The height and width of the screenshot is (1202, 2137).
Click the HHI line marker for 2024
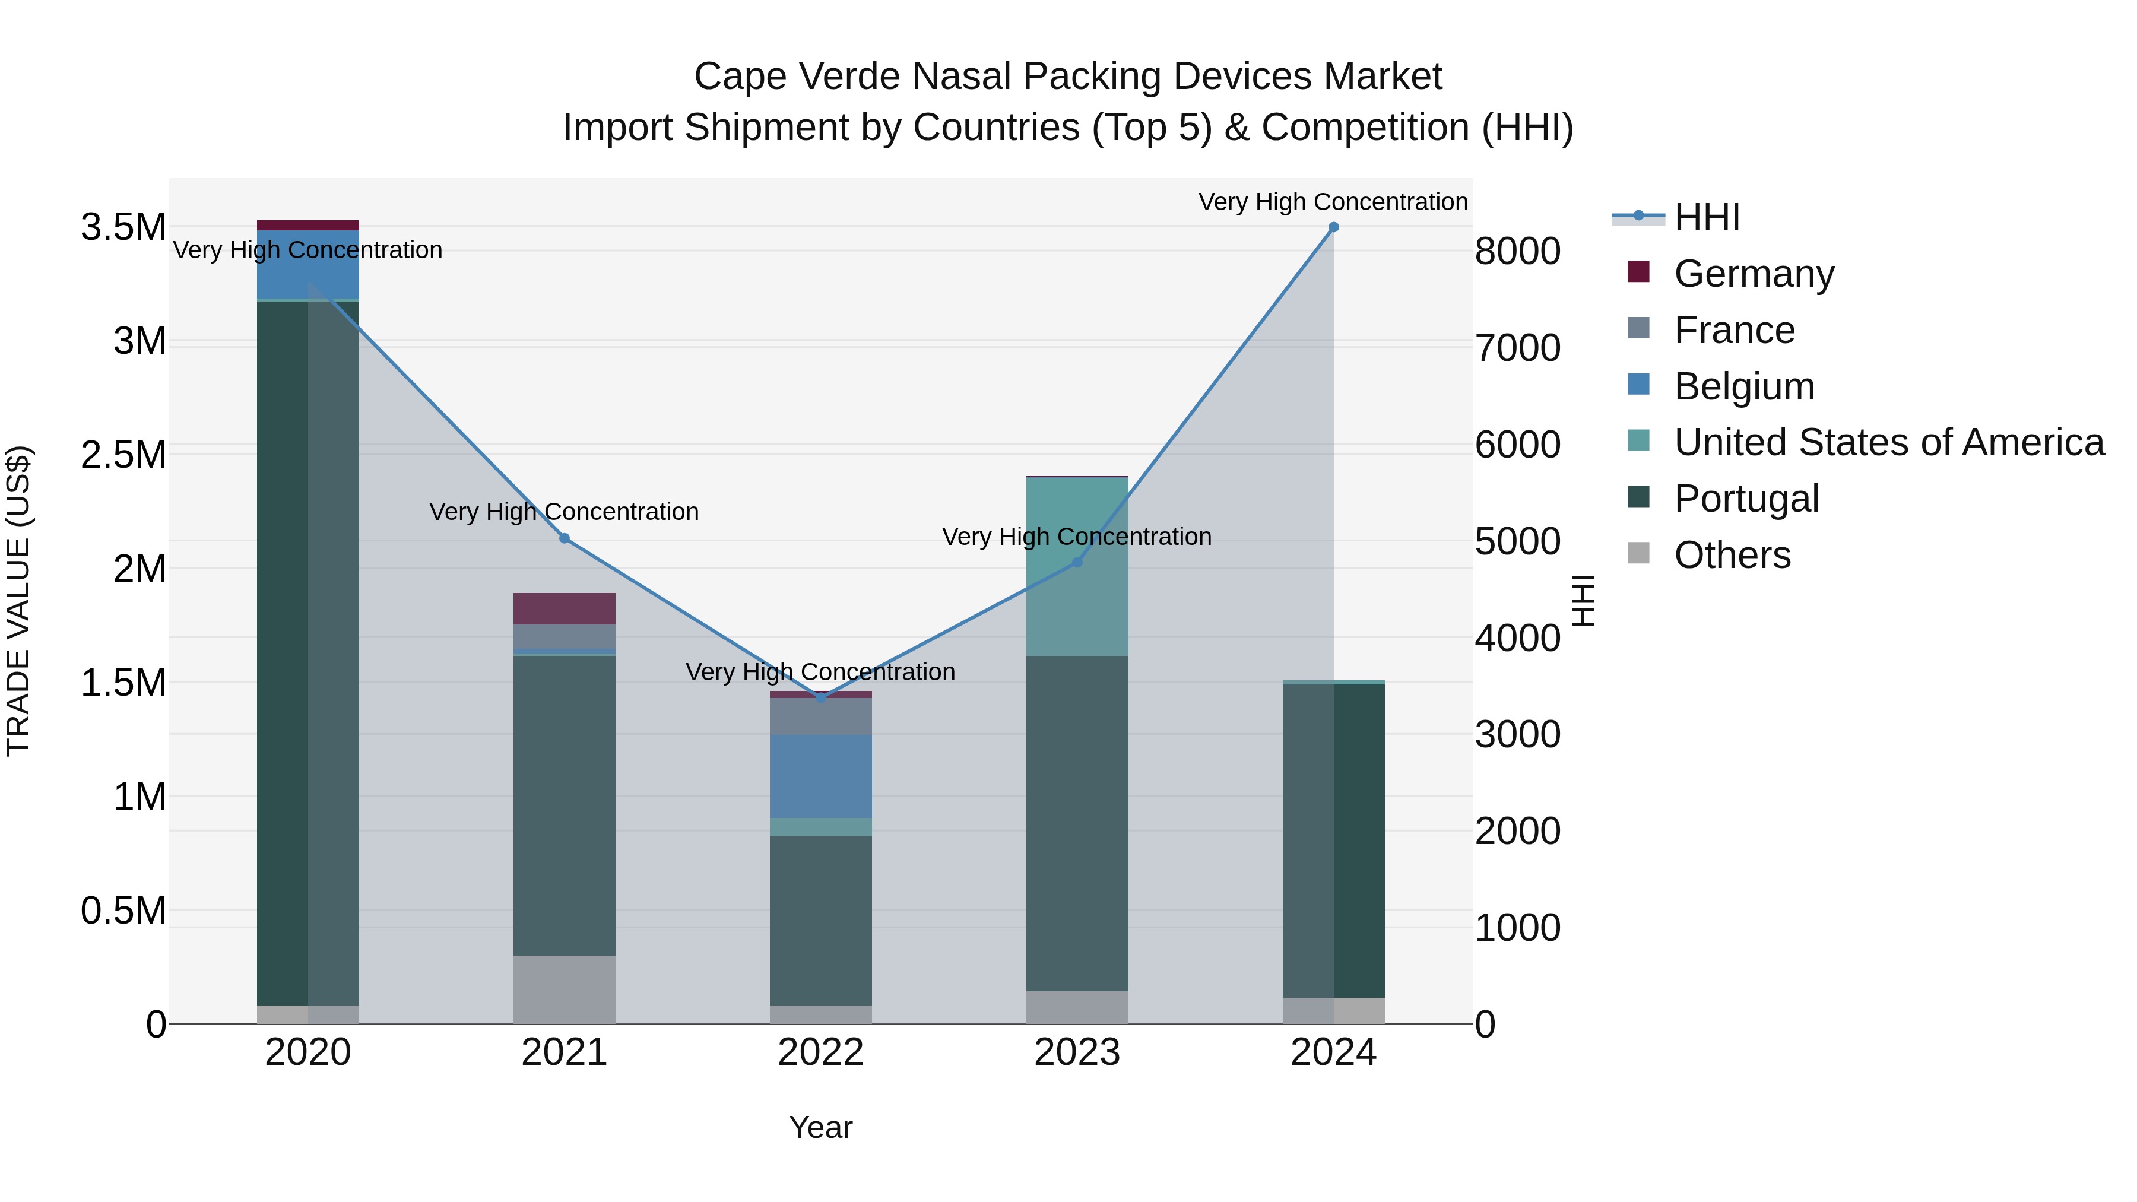click(1333, 227)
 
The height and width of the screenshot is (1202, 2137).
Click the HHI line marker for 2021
click(564, 538)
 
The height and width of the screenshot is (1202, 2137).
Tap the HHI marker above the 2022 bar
click(820, 697)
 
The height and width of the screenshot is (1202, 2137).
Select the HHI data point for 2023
click(1077, 563)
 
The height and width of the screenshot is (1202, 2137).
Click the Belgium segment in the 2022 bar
click(820, 776)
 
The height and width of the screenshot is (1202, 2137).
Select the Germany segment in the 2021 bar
click(564, 608)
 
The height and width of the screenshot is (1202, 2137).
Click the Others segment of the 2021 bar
click(564, 989)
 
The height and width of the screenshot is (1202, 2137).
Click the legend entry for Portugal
click(1746, 499)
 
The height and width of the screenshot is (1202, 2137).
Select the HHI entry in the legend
click(1707, 217)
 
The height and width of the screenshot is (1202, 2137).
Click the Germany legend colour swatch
click(1638, 272)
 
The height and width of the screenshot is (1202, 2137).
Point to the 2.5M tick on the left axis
click(123, 455)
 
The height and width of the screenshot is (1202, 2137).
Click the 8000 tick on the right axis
click(1517, 251)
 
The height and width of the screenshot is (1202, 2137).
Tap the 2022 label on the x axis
click(820, 1052)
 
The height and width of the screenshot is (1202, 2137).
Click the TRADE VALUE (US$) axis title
click(18, 601)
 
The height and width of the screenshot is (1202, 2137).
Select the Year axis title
click(820, 1127)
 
